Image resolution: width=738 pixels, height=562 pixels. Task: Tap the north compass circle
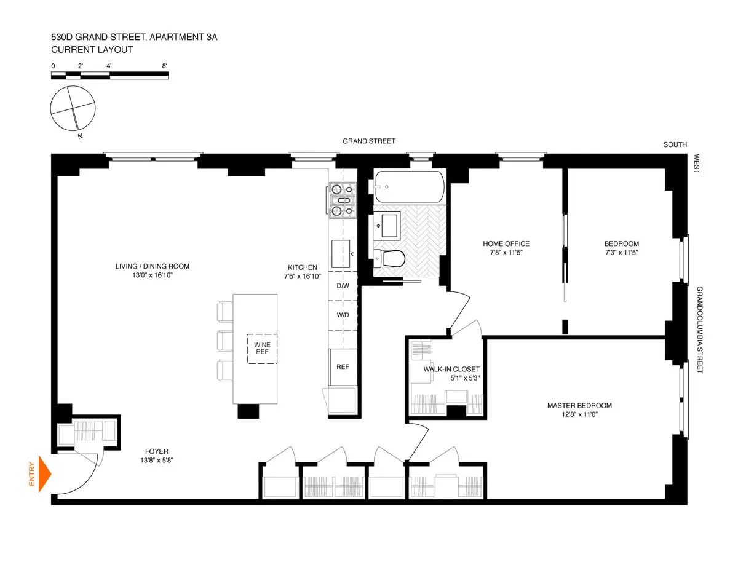click(x=73, y=109)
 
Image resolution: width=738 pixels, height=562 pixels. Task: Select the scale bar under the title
click(x=109, y=76)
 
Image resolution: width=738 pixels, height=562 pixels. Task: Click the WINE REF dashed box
click(x=263, y=349)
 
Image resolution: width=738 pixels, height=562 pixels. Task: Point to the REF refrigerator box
click(x=343, y=367)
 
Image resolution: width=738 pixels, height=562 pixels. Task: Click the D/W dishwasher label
click(x=343, y=286)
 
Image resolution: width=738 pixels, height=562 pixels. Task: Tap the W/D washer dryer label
click(x=343, y=315)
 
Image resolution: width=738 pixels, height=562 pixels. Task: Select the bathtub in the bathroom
click(x=409, y=187)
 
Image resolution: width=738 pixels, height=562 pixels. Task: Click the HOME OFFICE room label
click(x=506, y=243)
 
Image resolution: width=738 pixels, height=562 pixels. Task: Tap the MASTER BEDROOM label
click(x=579, y=405)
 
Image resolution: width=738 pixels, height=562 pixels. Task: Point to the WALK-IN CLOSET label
click(x=451, y=369)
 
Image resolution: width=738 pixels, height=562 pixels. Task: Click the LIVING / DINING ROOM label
click(x=152, y=266)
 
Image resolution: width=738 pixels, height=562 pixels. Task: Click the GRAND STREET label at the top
click(x=369, y=141)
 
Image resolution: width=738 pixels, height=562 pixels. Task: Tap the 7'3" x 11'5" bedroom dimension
click(x=621, y=253)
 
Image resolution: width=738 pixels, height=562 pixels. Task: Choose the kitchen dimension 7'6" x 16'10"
click(x=303, y=277)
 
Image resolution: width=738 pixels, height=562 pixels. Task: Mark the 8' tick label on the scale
click(x=164, y=65)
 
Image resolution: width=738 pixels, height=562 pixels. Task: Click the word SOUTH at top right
click(x=675, y=145)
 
